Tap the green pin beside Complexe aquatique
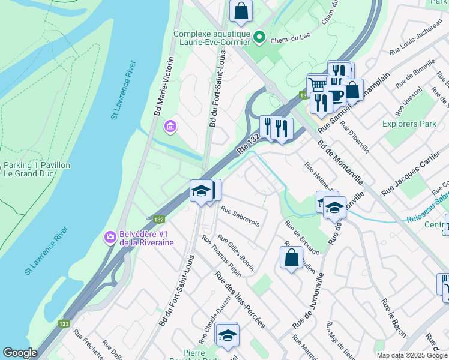[x=259, y=38]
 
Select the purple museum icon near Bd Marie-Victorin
[x=169, y=127]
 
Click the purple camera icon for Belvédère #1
[x=109, y=237]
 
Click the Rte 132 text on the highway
[x=249, y=145]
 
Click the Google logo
[x=20, y=353]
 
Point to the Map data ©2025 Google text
[x=412, y=355]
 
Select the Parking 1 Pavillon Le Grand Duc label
[x=37, y=170]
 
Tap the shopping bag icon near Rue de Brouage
[x=291, y=257]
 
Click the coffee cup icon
[x=334, y=94]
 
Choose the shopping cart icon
[x=317, y=85]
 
